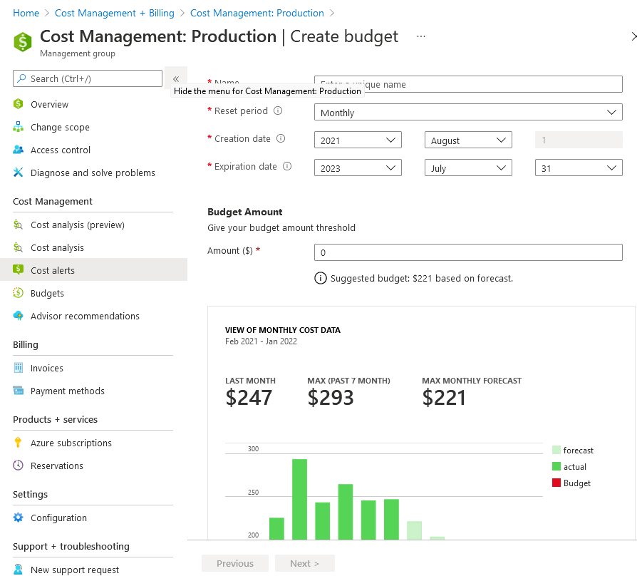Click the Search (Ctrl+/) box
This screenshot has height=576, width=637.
88,78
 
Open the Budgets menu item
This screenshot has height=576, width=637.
47,293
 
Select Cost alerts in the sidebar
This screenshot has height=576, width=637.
52,270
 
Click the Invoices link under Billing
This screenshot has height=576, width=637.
46,368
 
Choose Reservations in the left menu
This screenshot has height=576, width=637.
56,466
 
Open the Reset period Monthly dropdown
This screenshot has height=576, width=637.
468,113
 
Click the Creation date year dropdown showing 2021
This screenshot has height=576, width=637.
358,140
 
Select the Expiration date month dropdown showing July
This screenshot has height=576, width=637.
468,168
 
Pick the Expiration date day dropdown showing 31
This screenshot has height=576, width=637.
578,168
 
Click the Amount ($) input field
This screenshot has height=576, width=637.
468,252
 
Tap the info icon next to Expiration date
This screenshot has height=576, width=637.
287,167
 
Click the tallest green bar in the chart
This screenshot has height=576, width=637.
300,499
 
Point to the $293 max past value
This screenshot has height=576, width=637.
331,398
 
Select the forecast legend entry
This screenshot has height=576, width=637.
573,451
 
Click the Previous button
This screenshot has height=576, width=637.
235,563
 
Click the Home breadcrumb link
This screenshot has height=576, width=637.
26,14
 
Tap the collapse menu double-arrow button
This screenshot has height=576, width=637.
176,78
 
